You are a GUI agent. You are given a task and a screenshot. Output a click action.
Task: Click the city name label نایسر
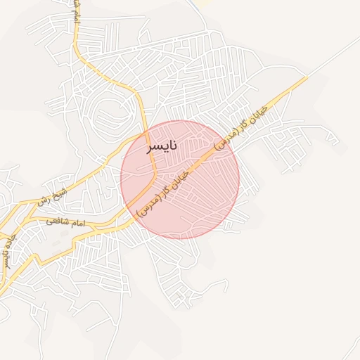[x=161, y=147]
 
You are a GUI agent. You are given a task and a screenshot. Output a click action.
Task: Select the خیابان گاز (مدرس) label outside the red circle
[x=243, y=128]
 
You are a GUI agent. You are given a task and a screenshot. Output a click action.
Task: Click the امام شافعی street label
[x=65, y=222]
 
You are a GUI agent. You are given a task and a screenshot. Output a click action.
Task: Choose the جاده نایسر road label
[x=8, y=250]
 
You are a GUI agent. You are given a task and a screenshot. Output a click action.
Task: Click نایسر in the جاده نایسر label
[x=6, y=259]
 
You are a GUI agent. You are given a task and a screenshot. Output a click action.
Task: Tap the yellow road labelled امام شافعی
[x=91, y=226]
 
